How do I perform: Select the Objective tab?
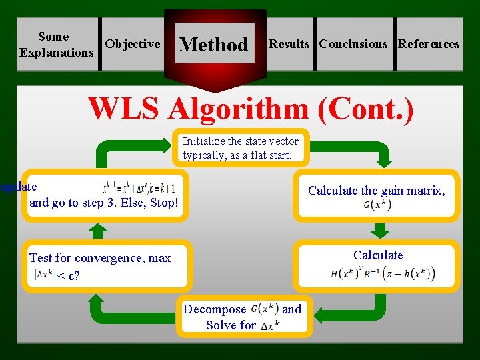133,44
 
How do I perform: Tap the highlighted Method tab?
213,45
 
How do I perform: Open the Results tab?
289,44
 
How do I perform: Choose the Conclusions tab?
353,44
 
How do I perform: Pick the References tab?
429,44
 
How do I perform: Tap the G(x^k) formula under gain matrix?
377,205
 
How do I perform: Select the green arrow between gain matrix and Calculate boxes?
380,230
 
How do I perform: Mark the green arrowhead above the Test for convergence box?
98,231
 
